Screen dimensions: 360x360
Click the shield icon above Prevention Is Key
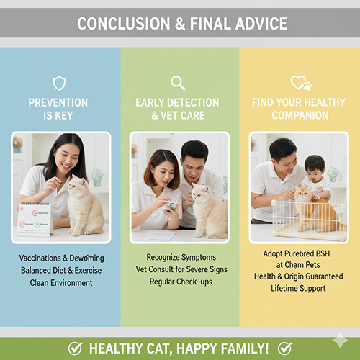click(x=59, y=83)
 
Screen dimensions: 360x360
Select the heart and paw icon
click(x=300, y=83)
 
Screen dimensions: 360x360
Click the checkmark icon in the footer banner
click(x=75, y=348)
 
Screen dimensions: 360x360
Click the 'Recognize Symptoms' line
click(x=180, y=256)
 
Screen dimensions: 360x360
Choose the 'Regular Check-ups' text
click(x=180, y=281)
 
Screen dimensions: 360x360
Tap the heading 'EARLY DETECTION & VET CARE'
click(x=180, y=109)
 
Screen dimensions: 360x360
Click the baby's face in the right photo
click(x=315, y=167)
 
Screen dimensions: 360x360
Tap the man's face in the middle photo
click(x=194, y=157)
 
